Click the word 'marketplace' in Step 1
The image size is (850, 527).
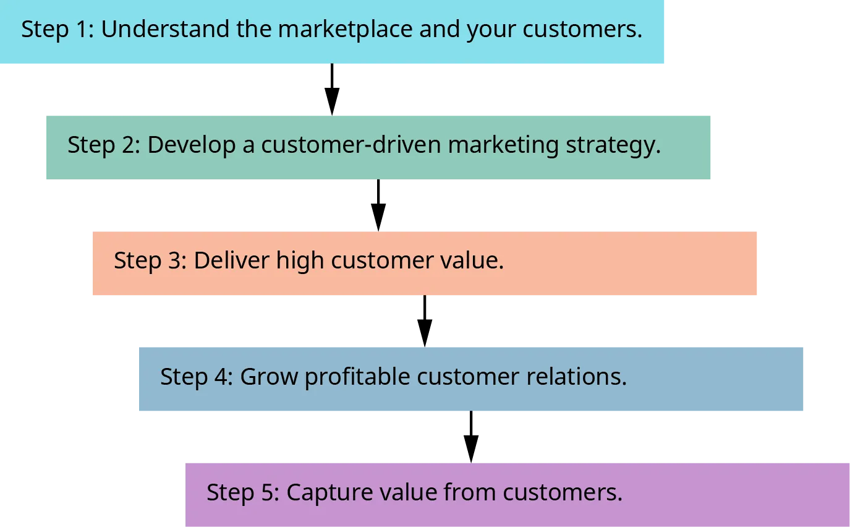coord(346,30)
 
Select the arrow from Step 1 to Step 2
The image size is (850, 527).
coord(331,90)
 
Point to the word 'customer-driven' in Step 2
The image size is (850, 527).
coord(351,145)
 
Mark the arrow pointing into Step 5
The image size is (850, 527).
coord(470,437)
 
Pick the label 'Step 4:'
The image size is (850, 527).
coord(196,377)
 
